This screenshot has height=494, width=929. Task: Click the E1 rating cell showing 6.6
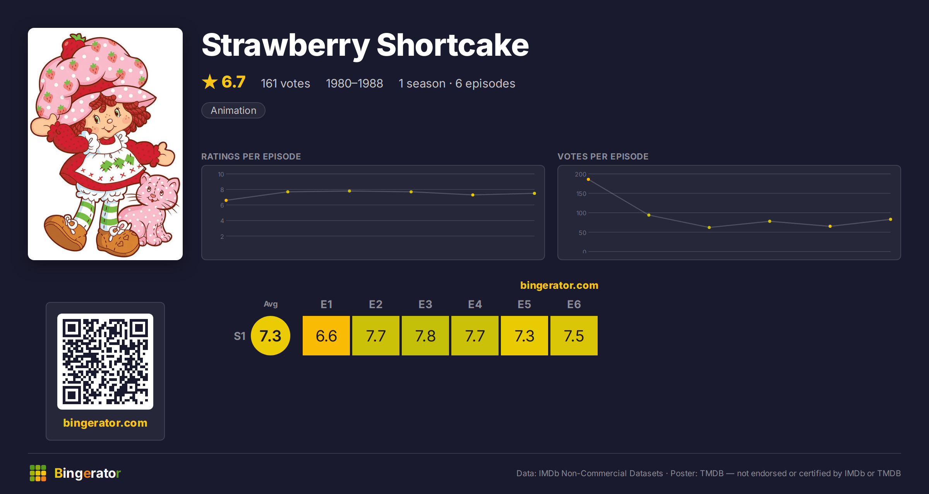pyautogui.click(x=326, y=336)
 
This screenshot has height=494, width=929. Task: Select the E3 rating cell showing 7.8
pyautogui.click(x=425, y=336)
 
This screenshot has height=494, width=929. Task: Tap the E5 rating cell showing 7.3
pyautogui.click(x=524, y=336)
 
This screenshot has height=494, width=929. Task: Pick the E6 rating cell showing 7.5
pyautogui.click(x=574, y=336)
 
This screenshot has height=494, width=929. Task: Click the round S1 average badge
pyautogui.click(x=271, y=336)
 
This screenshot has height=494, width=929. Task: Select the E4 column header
pyautogui.click(x=475, y=304)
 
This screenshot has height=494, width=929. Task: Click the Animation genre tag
pyautogui.click(x=233, y=110)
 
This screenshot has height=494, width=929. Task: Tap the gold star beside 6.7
pyautogui.click(x=210, y=82)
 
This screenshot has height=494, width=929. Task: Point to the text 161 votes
pyautogui.click(x=285, y=83)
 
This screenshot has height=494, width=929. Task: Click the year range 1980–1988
pyautogui.click(x=354, y=83)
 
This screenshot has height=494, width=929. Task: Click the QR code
pyautogui.click(x=105, y=362)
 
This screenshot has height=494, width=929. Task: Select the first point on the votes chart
pyautogui.click(x=588, y=180)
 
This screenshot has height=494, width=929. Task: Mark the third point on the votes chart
pyautogui.click(x=709, y=228)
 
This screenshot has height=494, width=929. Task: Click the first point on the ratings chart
pyautogui.click(x=226, y=200)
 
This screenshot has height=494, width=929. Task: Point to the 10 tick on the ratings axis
pyautogui.click(x=221, y=174)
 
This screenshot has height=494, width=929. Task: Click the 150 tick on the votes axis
pyautogui.click(x=581, y=194)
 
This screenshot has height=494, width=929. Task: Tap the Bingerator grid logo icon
pyautogui.click(x=38, y=473)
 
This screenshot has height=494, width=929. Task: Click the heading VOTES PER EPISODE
pyautogui.click(x=603, y=156)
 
